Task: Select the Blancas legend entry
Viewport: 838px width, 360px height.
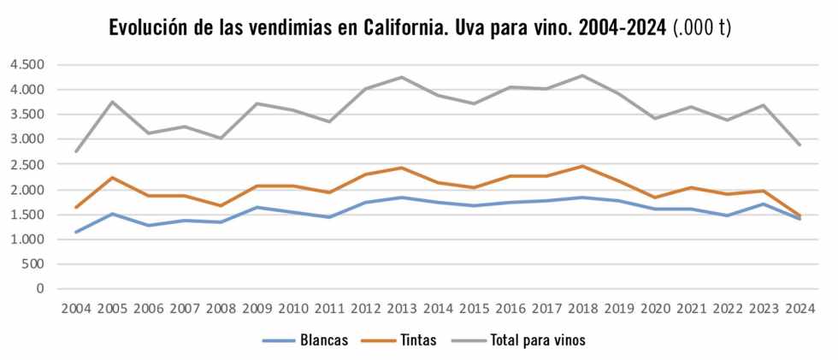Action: (x=323, y=340)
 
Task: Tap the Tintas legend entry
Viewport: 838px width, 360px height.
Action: (x=417, y=340)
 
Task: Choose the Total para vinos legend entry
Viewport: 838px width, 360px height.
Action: (x=537, y=340)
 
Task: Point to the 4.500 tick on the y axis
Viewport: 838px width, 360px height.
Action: (x=27, y=64)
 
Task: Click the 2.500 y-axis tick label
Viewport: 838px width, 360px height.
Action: (x=27, y=164)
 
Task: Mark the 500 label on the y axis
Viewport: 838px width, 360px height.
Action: (x=33, y=264)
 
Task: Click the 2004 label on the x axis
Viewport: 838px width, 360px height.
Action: (x=76, y=308)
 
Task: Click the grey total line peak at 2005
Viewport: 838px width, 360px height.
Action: (x=112, y=102)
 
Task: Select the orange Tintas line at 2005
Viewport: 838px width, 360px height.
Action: (x=112, y=177)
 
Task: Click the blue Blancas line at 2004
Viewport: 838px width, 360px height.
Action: (x=76, y=232)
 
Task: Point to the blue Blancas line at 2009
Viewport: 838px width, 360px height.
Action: (x=257, y=207)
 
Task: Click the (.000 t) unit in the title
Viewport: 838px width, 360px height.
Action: (x=702, y=28)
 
